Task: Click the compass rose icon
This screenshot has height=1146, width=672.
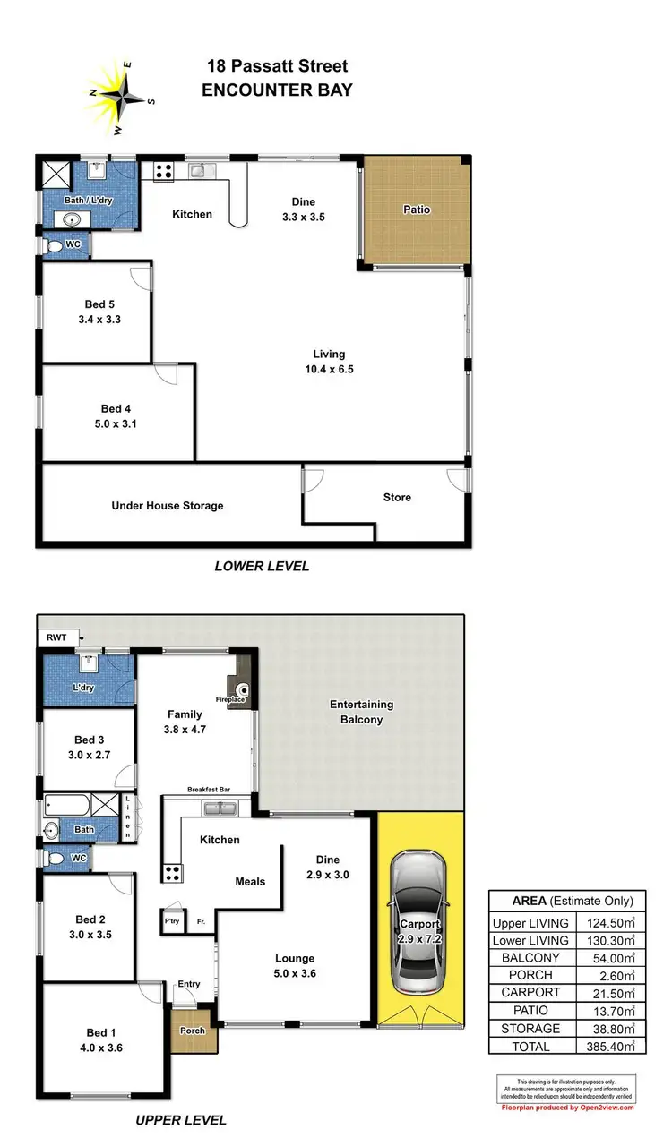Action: tap(119, 92)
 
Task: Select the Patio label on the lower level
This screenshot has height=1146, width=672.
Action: tap(416, 210)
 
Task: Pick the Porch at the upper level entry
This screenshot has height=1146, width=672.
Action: tap(192, 1030)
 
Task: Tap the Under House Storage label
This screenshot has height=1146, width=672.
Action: tap(167, 506)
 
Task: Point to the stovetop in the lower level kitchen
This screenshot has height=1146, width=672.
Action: tap(163, 171)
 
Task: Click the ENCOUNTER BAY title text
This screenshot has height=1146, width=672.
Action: tap(277, 90)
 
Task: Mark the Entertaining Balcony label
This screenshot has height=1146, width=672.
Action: tap(361, 712)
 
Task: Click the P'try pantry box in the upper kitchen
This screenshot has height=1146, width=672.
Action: tap(171, 920)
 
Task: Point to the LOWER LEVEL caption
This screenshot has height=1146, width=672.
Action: tap(262, 566)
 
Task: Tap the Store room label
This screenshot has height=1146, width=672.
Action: tap(397, 497)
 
